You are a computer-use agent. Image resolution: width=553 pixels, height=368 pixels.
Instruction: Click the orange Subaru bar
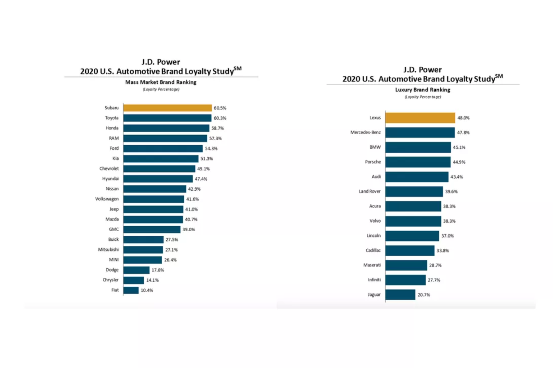[x=167, y=108]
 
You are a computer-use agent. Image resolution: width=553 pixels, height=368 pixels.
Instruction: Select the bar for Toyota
[x=167, y=118]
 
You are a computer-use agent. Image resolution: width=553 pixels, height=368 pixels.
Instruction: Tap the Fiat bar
[x=131, y=290]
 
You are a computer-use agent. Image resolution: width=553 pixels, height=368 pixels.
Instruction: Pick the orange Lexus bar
[x=420, y=118]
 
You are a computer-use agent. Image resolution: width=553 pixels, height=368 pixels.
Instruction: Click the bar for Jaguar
[x=400, y=295]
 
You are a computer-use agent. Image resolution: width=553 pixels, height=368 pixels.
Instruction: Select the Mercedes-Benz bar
[x=420, y=133]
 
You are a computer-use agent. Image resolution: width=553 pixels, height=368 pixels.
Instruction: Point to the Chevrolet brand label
[x=109, y=169]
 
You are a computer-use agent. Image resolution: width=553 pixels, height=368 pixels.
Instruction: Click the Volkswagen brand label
[x=107, y=199]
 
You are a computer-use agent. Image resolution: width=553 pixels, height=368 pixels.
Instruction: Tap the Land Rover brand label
[x=370, y=191]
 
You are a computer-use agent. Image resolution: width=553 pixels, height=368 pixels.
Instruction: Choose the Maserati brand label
[x=372, y=265]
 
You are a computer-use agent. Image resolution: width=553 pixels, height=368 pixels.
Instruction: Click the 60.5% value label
[x=220, y=108]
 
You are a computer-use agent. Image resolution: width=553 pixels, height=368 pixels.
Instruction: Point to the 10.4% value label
[x=147, y=290]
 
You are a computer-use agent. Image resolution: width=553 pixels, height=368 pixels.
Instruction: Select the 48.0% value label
[x=463, y=118]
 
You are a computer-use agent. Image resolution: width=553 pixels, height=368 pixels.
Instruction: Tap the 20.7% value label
[x=424, y=295]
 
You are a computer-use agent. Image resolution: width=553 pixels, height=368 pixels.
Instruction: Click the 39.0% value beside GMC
[x=189, y=230]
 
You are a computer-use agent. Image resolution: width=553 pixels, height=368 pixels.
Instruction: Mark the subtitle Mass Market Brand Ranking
[x=161, y=82]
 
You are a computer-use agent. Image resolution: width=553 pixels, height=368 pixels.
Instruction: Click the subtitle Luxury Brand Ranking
[x=423, y=90]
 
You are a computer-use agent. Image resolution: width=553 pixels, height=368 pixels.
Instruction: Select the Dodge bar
[x=137, y=270]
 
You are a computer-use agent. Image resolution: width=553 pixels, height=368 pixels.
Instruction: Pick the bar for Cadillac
[x=410, y=251]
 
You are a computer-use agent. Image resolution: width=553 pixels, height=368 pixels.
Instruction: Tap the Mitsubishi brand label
[x=108, y=250]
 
